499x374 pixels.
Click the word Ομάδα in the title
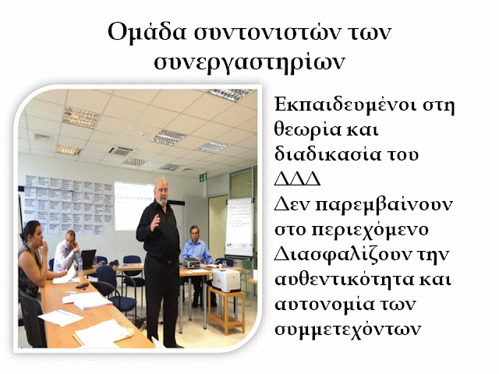147,32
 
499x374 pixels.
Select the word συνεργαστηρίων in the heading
249,62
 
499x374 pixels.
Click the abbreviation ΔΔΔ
297,179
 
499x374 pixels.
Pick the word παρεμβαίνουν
384,205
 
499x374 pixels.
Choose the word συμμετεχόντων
348,330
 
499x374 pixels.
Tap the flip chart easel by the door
239,227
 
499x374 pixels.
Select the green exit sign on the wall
203,177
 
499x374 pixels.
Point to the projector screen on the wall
133,206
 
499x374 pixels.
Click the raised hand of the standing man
155,221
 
